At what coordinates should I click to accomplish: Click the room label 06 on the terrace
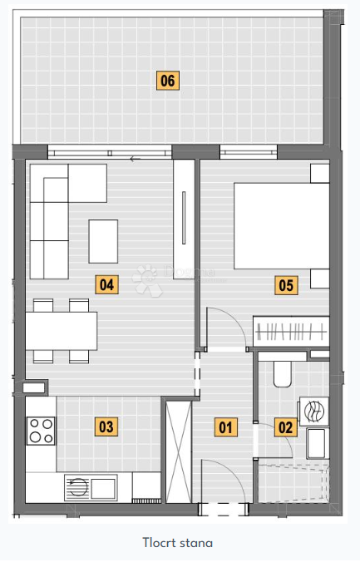(168, 81)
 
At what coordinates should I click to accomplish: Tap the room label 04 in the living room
(106, 285)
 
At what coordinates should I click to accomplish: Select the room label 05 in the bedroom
(286, 286)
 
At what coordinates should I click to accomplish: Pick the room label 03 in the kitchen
(106, 427)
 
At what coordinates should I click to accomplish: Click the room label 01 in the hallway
(224, 428)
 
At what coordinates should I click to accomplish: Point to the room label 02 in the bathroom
(284, 428)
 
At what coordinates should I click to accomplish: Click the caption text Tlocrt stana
(177, 543)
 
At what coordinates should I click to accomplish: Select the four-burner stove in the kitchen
(40, 430)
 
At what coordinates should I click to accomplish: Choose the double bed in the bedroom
(279, 225)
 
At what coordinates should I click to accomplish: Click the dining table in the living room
(62, 331)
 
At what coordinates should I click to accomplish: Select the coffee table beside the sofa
(104, 240)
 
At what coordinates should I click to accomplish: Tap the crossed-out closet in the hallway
(177, 450)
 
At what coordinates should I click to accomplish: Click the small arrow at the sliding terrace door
(135, 157)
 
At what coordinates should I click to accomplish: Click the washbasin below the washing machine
(317, 442)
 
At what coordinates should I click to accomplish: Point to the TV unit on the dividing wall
(184, 216)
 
